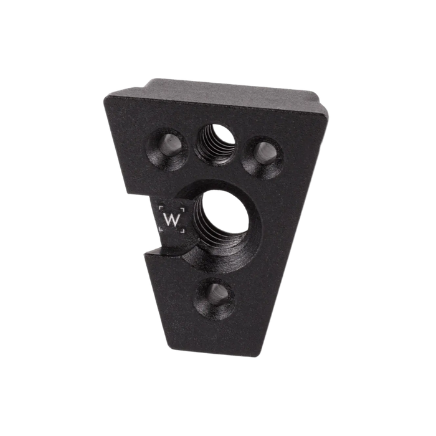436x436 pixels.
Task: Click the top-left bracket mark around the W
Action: click(x=160, y=207)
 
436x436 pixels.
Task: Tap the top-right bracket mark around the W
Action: click(x=182, y=207)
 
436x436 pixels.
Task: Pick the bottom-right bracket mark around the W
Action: click(x=182, y=230)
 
